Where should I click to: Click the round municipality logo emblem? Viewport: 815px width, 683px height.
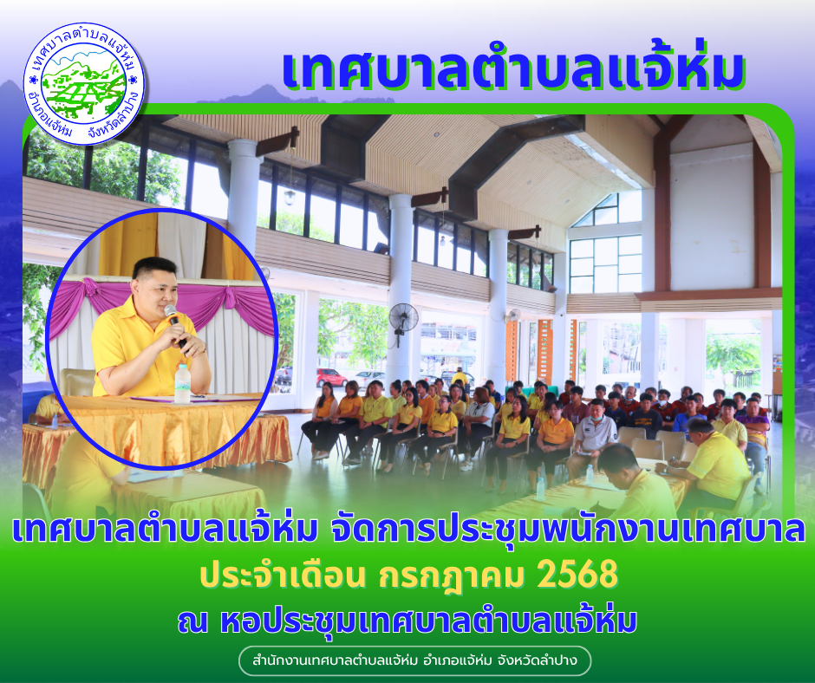(x=84, y=84)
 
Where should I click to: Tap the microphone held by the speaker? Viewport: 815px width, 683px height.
(x=175, y=325)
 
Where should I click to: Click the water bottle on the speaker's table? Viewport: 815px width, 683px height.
(x=182, y=384)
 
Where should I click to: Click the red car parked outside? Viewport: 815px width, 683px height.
(x=331, y=377)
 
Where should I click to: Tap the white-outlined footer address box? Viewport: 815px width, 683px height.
(x=414, y=660)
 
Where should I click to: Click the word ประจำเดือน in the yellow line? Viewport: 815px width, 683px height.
(x=283, y=576)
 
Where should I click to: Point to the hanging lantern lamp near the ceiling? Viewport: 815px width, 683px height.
(x=290, y=197)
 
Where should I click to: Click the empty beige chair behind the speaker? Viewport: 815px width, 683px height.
(x=77, y=382)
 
